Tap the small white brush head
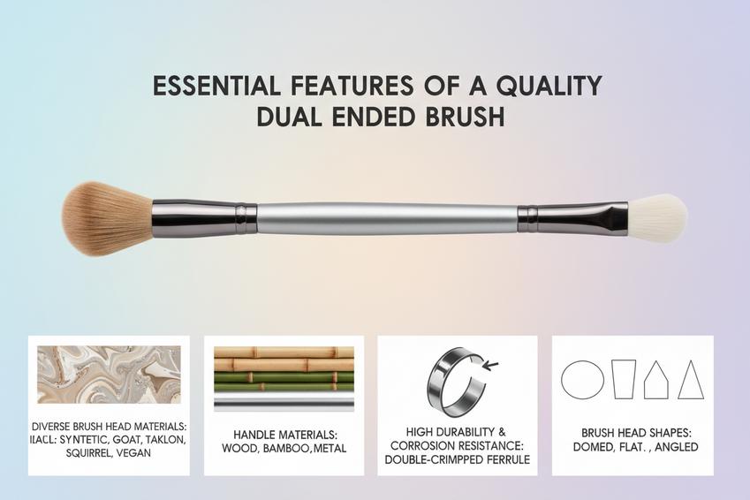point(657,218)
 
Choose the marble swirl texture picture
point(108,375)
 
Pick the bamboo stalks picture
point(284,370)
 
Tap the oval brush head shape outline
point(583,379)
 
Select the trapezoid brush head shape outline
point(624,379)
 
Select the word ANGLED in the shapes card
point(672,447)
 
